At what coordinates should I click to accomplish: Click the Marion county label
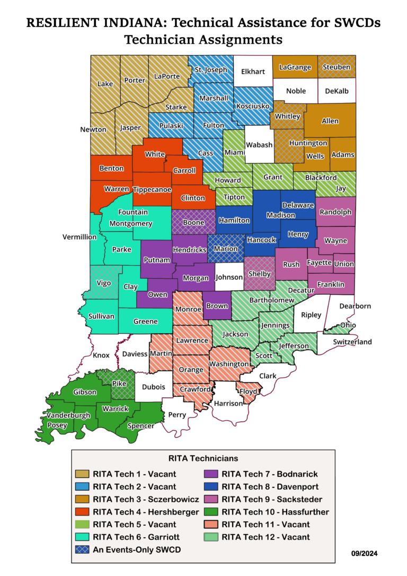(x=226, y=248)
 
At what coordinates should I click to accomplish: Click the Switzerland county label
(x=352, y=342)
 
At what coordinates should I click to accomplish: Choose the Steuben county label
(x=337, y=67)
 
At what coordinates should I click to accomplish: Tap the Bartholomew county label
(x=272, y=300)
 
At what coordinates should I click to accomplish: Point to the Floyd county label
(x=249, y=392)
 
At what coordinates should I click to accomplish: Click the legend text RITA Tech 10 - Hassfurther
(x=276, y=512)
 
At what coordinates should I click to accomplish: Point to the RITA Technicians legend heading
(x=203, y=458)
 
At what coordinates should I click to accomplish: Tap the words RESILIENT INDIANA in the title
(x=92, y=23)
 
